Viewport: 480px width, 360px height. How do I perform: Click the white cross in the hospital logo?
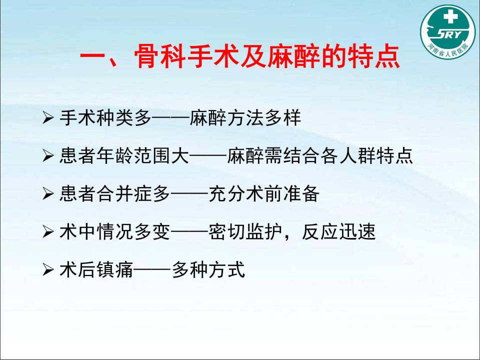point(450,16)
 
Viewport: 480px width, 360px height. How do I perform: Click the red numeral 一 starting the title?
point(93,57)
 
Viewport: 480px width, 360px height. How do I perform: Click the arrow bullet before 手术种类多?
point(48,117)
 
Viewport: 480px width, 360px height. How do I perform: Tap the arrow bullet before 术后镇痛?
point(48,269)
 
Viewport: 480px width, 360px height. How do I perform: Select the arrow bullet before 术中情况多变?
point(48,231)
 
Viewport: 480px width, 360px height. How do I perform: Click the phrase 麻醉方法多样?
point(245,117)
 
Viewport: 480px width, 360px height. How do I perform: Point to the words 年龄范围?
point(134,155)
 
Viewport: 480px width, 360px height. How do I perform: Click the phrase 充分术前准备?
point(264,193)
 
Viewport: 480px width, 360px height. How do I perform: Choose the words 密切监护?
point(245,231)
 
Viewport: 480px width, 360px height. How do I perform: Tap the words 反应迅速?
point(338,231)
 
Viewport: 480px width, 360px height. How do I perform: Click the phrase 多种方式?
point(208,269)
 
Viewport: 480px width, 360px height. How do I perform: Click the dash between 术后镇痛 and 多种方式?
point(152,269)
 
